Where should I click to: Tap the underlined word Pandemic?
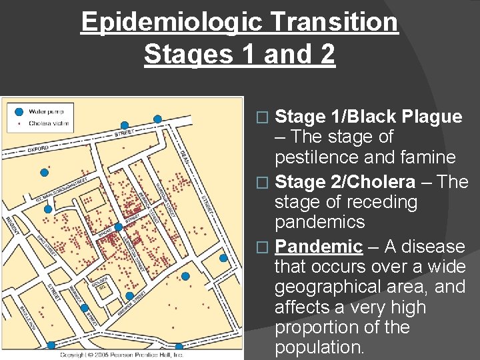[319, 247]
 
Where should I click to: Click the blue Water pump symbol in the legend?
[19, 111]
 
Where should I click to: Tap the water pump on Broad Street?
[118, 227]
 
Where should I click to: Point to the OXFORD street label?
[39, 148]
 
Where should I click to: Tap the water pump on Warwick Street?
[84, 308]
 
